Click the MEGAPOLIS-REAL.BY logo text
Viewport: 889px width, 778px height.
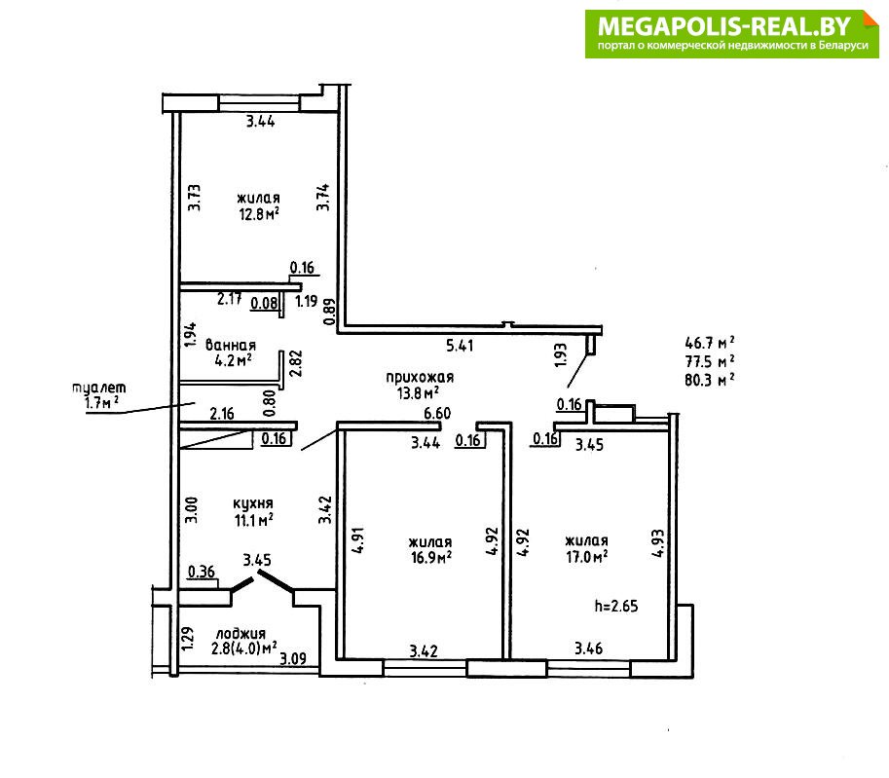[x=724, y=26]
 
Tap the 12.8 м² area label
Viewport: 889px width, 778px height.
[x=259, y=214]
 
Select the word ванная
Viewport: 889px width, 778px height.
[x=230, y=345]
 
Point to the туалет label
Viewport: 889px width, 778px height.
[x=99, y=388]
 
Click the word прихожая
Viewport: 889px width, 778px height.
[x=420, y=377]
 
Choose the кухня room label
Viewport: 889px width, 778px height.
[x=253, y=503]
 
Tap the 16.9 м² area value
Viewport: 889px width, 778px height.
[x=431, y=557]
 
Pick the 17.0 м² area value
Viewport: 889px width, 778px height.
[x=587, y=556]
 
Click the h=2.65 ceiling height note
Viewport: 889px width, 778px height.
[x=616, y=607]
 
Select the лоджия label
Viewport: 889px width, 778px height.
[x=241, y=634]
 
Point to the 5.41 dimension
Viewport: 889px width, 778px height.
[x=460, y=346]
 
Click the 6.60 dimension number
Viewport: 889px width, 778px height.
[x=437, y=414]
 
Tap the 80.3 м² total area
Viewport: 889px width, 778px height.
[x=709, y=380]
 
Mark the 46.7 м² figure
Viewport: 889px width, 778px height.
[x=709, y=343]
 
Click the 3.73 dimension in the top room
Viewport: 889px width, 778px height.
[x=195, y=198]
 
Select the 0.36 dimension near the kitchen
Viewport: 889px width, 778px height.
[x=202, y=572]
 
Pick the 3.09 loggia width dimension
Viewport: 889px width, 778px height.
[x=293, y=658]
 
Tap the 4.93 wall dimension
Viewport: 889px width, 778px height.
[x=657, y=543]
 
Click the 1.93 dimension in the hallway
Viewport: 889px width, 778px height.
[x=560, y=355]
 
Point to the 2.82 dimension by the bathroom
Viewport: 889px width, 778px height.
[x=295, y=364]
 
